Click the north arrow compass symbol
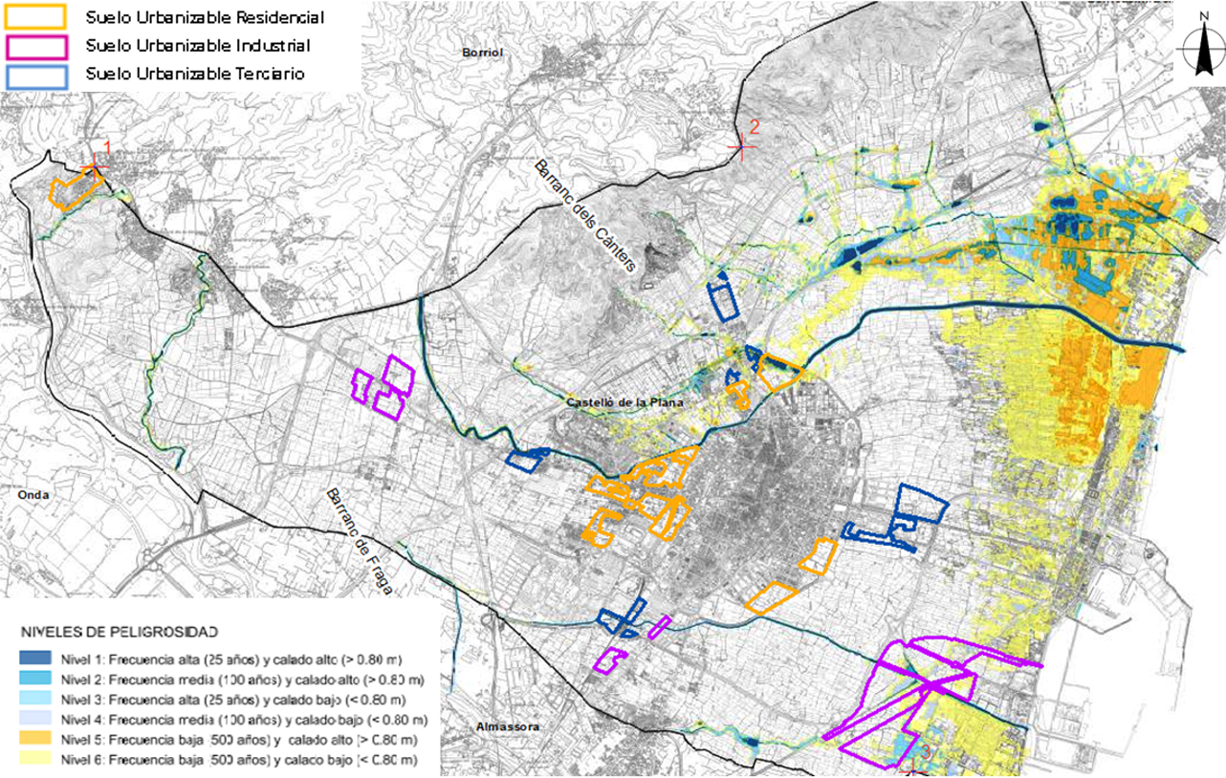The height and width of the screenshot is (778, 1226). tap(1200, 49)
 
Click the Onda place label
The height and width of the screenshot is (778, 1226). tap(34, 495)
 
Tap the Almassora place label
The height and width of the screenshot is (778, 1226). tap(507, 727)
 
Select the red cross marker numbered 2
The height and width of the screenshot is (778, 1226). tap(741, 146)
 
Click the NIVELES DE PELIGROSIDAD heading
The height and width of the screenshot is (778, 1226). tap(119, 632)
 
